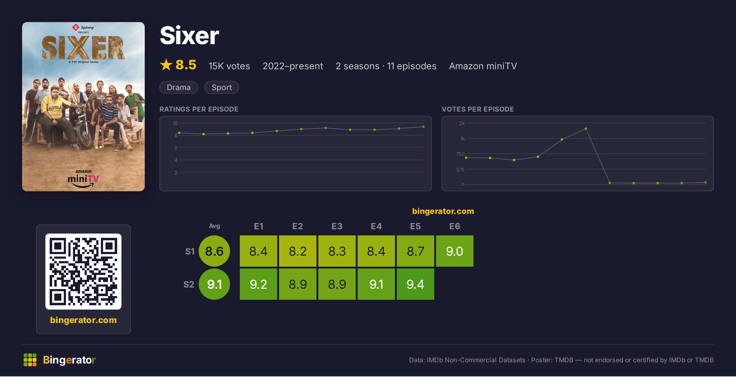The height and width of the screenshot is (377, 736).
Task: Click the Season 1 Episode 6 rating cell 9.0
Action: tap(454, 251)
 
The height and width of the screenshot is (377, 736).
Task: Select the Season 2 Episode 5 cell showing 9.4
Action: tap(415, 284)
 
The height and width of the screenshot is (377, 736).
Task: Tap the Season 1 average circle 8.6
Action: tap(214, 251)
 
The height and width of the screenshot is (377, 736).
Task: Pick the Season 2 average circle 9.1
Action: tap(214, 284)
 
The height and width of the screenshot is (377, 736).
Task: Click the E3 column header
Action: tap(337, 226)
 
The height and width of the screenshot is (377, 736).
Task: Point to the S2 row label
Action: tap(189, 284)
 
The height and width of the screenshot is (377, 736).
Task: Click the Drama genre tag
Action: tap(179, 87)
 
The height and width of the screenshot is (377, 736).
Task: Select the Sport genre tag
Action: tap(222, 87)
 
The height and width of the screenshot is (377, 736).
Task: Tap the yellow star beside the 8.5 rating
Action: tap(166, 65)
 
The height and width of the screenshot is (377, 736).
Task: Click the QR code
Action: tap(83, 272)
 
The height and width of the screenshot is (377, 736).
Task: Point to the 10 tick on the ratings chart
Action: tap(175, 123)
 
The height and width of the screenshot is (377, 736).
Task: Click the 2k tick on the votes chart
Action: tap(462, 123)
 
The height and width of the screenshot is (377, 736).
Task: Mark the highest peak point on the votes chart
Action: tap(586, 129)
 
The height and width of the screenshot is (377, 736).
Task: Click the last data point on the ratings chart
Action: tap(423, 127)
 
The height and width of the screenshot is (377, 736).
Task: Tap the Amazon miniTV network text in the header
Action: tap(483, 66)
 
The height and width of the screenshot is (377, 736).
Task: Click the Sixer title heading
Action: tap(190, 36)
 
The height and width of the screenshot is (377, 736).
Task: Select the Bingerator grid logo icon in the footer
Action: tap(30, 360)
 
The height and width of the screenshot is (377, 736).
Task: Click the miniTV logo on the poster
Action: tap(83, 179)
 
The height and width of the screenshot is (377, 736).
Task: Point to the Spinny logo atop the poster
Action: tap(83, 28)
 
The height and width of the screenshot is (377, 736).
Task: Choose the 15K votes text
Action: tap(229, 66)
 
